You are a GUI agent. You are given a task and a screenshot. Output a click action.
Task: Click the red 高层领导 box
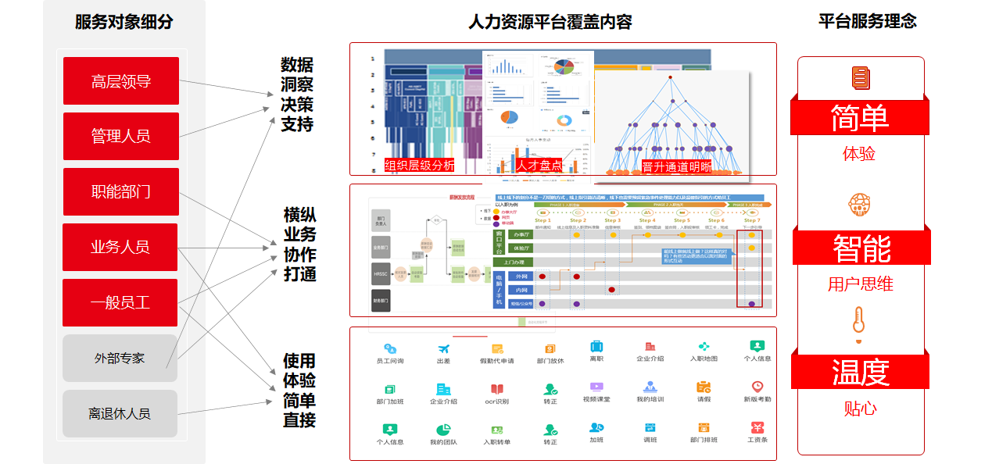[120, 81]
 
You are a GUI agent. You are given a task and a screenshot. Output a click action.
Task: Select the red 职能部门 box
[120, 192]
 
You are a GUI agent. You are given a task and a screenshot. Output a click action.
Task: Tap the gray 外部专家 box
[120, 359]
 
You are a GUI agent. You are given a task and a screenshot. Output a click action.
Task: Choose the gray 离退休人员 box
[120, 414]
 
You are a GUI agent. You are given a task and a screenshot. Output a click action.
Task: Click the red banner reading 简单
[860, 118]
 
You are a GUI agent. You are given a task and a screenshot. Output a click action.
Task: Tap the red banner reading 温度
[860, 372]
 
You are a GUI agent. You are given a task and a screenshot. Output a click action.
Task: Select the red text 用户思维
[860, 284]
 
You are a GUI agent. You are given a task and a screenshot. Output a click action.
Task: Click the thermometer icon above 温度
[859, 323]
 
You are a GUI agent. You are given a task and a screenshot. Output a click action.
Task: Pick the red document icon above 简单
[860, 78]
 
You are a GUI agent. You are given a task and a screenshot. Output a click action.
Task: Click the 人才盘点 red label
[539, 166]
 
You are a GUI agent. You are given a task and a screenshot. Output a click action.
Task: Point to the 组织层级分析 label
[420, 166]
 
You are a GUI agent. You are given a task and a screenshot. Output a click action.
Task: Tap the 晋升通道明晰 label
[677, 166]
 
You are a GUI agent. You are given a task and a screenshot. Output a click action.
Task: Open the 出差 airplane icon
[443, 348]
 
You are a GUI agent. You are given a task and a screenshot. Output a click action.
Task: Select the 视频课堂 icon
[596, 387]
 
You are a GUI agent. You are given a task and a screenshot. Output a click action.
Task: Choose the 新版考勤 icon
[757, 387]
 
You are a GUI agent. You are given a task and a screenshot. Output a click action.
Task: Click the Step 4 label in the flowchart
[647, 220]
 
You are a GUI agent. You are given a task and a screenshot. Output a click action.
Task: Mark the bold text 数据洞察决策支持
[297, 95]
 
